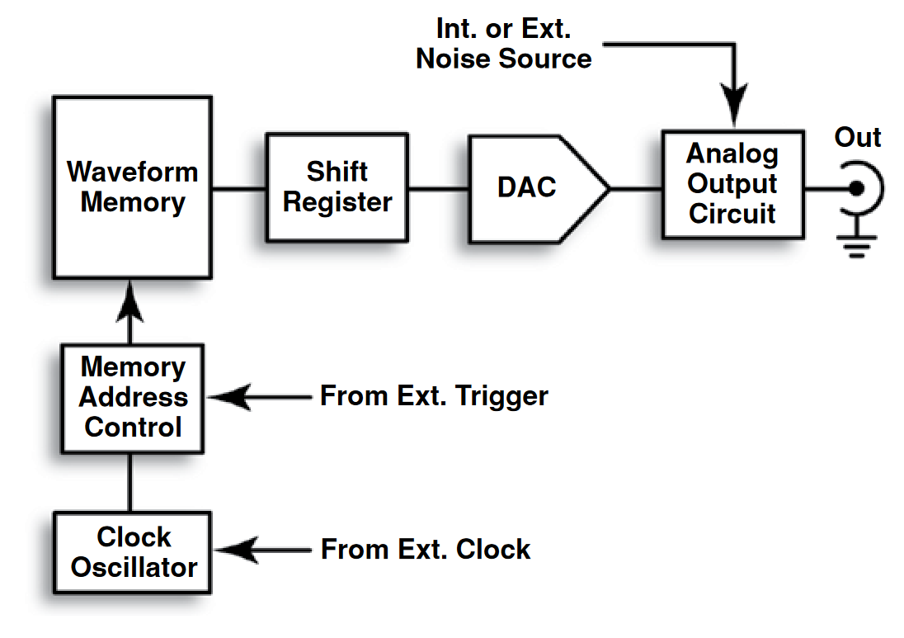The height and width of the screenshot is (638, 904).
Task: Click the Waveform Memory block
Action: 132,187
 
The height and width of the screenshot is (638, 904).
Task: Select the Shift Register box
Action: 337,187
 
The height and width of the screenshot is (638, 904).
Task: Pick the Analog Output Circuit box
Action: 732,184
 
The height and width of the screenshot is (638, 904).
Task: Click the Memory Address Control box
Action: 133,398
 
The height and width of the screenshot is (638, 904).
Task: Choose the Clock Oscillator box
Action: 133,552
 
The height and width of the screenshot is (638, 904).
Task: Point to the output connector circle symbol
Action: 858,189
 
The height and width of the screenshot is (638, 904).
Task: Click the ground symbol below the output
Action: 858,245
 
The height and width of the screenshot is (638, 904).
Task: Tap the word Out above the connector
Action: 858,137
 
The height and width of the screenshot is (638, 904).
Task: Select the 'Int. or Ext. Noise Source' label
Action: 503,45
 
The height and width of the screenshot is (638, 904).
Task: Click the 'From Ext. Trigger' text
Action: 434,396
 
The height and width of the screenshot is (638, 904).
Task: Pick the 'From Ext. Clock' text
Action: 426,549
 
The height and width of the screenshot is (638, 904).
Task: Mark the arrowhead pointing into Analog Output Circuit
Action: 733,107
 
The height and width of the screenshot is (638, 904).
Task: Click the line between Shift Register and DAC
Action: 439,188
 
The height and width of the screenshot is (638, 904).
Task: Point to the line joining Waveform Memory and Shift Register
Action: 238,188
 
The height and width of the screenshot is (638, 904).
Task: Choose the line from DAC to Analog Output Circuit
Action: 636,188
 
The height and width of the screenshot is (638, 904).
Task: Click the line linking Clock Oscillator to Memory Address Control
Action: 130,482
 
